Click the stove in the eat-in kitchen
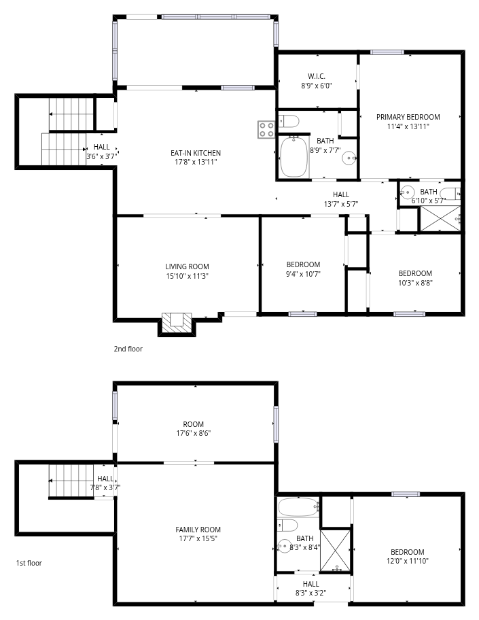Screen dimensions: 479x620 [266, 130]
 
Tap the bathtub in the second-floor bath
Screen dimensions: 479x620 [294, 157]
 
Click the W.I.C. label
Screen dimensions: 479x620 [316, 76]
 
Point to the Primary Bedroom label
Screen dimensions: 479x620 [408, 117]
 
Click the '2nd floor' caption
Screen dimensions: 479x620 [128, 349]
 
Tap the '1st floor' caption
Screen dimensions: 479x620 [29, 563]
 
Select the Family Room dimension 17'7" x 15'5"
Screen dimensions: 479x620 [198, 538]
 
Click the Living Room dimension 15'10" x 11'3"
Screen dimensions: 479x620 [187, 276]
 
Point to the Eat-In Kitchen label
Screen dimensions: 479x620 [196, 153]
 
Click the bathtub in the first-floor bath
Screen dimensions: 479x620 [298, 507]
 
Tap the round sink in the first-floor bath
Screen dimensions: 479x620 [283, 546]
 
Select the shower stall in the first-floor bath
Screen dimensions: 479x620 [335, 551]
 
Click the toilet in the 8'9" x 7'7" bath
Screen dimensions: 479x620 [288, 121]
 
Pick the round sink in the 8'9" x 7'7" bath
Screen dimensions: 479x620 [349, 158]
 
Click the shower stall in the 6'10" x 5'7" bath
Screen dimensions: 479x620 [440, 218]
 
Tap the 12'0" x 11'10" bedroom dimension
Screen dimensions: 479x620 [408, 561]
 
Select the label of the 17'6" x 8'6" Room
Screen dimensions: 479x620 [193, 424]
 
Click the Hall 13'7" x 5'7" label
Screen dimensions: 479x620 [341, 194]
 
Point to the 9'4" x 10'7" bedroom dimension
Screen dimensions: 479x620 [303, 273]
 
